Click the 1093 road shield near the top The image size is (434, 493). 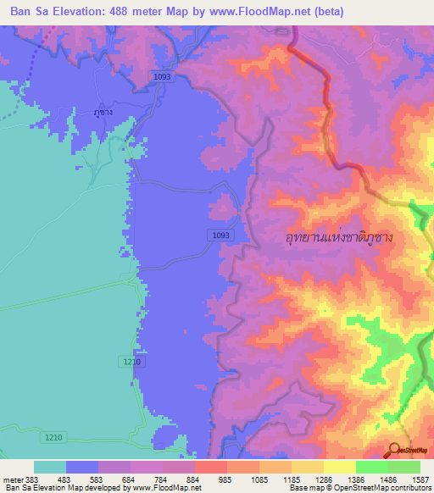pos(163,76)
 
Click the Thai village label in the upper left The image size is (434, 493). pos(103,113)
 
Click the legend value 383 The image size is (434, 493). pos(32,479)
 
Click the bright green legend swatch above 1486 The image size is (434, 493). pos(372,467)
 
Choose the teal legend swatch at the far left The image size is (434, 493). pos(50,467)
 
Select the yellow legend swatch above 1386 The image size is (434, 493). pos(340,467)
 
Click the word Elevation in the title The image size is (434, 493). pos(79,11)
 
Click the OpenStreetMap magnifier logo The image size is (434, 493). pos(394,451)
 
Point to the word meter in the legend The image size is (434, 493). pos(12,479)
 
